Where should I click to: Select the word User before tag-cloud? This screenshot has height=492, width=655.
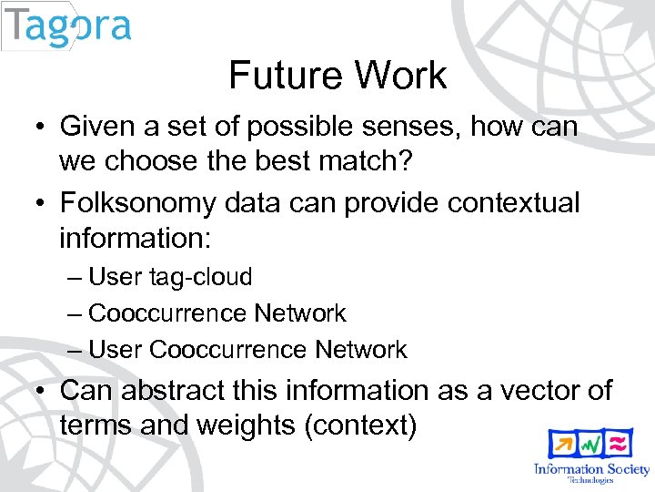pos(116,277)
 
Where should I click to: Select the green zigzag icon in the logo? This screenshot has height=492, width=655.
pos(591,445)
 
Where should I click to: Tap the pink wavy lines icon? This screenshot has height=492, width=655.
pos(620,445)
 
